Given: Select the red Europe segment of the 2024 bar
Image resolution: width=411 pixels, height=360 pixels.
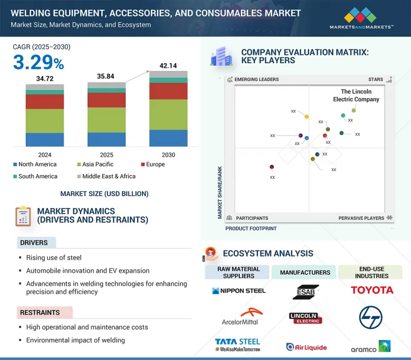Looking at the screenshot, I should click(x=45, y=102).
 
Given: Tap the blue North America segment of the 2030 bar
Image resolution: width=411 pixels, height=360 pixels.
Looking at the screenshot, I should click(x=169, y=138).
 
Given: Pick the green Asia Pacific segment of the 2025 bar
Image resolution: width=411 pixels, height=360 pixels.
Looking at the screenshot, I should click(x=107, y=120).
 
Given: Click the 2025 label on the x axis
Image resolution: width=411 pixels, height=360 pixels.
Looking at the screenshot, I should click(x=107, y=155).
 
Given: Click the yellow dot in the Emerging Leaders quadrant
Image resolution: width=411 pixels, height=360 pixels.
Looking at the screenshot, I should click(x=307, y=117).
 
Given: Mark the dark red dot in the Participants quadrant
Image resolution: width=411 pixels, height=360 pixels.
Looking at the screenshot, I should click(x=272, y=167).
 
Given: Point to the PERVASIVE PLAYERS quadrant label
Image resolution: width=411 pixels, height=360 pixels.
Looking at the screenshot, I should click(x=361, y=218).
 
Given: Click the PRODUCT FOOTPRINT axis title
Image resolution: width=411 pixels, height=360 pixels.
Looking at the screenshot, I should click(x=251, y=229).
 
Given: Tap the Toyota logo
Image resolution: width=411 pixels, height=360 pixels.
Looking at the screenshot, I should click(x=372, y=290).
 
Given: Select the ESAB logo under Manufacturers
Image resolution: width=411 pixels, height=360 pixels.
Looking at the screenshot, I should click(x=306, y=292).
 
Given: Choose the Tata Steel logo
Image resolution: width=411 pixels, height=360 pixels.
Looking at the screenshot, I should click(x=237, y=344).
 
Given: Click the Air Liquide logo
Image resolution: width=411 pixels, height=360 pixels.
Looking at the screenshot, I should click(x=306, y=347).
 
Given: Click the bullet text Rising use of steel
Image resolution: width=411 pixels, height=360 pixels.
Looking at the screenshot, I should click(x=54, y=257).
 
